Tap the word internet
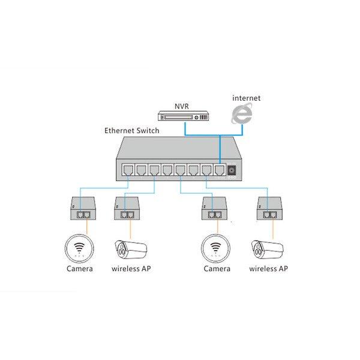247,97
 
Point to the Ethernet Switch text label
133,130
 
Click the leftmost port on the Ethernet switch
127,169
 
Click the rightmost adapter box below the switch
269,209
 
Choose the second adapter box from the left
128,209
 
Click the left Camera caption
80,269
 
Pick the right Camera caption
217,269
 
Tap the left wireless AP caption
131,269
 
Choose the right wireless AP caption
268,269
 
